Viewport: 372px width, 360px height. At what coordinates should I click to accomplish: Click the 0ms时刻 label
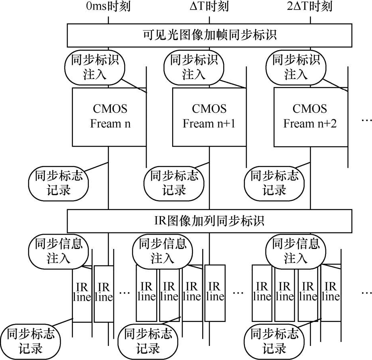click(x=108, y=7)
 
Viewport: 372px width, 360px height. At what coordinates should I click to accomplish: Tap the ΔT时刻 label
click(x=209, y=7)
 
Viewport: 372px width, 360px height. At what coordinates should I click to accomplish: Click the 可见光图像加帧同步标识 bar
click(x=209, y=35)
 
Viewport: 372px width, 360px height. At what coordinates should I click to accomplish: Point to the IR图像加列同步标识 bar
click(x=209, y=220)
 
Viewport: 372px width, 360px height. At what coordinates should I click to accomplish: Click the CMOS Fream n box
click(x=110, y=116)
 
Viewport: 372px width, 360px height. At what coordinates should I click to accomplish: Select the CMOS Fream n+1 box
click(x=209, y=116)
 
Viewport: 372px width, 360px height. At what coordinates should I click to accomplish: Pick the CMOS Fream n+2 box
click(x=310, y=116)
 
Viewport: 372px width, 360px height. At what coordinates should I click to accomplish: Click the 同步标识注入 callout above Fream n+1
click(x=194, y=67)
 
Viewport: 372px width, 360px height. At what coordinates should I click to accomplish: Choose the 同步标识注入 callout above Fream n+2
click(x=296, y=67)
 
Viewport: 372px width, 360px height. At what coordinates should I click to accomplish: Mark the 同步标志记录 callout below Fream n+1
click(x=174, y=182)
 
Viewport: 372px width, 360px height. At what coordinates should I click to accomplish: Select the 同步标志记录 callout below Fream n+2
click(x=274, y=182)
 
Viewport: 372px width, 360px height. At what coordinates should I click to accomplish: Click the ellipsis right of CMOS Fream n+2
click(x=366, y=120)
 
